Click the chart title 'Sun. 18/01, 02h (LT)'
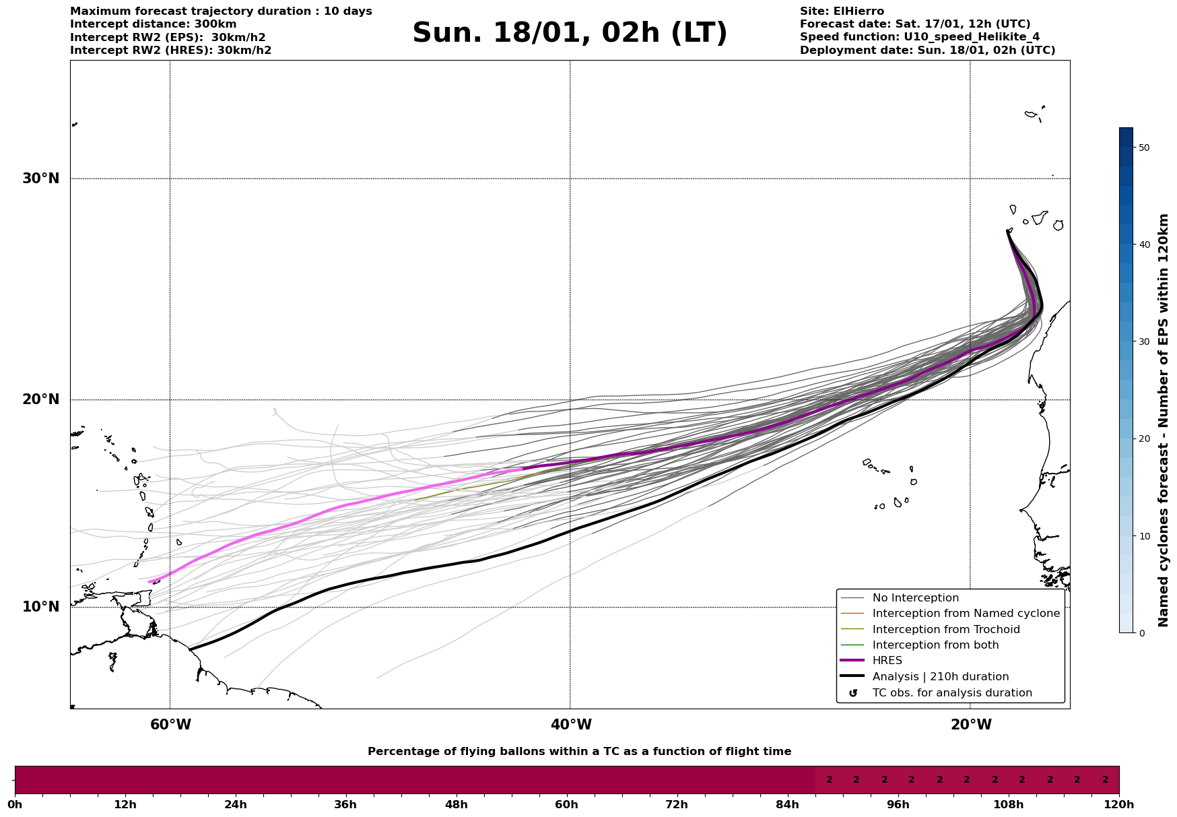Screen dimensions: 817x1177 point(570,33)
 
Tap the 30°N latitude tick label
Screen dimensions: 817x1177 point(40,178)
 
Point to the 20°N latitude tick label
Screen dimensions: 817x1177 point(40,399)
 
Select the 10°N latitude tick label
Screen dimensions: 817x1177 point(40,607)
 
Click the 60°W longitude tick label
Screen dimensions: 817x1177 point(170,725)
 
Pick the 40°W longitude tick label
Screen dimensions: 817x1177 point(571,725)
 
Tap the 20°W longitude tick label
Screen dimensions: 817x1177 point(971,725)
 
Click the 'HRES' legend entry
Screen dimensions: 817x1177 point(887,661)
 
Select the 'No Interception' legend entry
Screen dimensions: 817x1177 point(915,598)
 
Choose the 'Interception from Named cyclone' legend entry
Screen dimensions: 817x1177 point(966,614)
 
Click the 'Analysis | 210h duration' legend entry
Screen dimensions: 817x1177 point(940,677)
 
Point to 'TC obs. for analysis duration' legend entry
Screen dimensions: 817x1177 point(951,693)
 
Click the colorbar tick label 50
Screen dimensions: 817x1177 point(1144,148)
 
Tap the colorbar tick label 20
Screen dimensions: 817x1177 point(1144,439)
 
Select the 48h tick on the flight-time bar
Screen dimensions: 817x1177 point(456,805)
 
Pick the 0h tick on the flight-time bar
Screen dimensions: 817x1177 point(15,805)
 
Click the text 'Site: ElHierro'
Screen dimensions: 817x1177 point(842,11)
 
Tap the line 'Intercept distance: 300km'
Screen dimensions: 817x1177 point(153,24)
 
